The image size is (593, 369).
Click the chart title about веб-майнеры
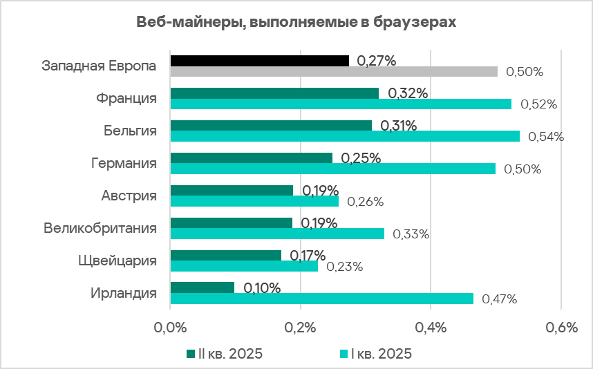click(296, 22)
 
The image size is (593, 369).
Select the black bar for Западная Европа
click(259, 61)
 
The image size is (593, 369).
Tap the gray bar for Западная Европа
click(333, 71)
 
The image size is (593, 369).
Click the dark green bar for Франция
click(274, 93)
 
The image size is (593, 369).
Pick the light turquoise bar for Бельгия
click(344, 136)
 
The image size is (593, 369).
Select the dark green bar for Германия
click(251, 158)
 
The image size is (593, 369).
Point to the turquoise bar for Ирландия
click(321, 299)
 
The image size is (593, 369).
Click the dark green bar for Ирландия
click(202, 287)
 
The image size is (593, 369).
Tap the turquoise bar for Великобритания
click(276, 234)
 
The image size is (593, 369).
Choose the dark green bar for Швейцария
click(225, 255)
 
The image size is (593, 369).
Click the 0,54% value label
click(546, 137)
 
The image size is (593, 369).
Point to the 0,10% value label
click(262, 287)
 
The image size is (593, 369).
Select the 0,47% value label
click(499, 299)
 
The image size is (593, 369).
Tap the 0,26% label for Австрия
click(365, 202)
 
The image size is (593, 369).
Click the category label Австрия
click(129, 196)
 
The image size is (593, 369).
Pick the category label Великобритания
click(100, 228)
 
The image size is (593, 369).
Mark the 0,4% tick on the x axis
click(431, 328)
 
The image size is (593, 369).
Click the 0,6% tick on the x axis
click(561, 328)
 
